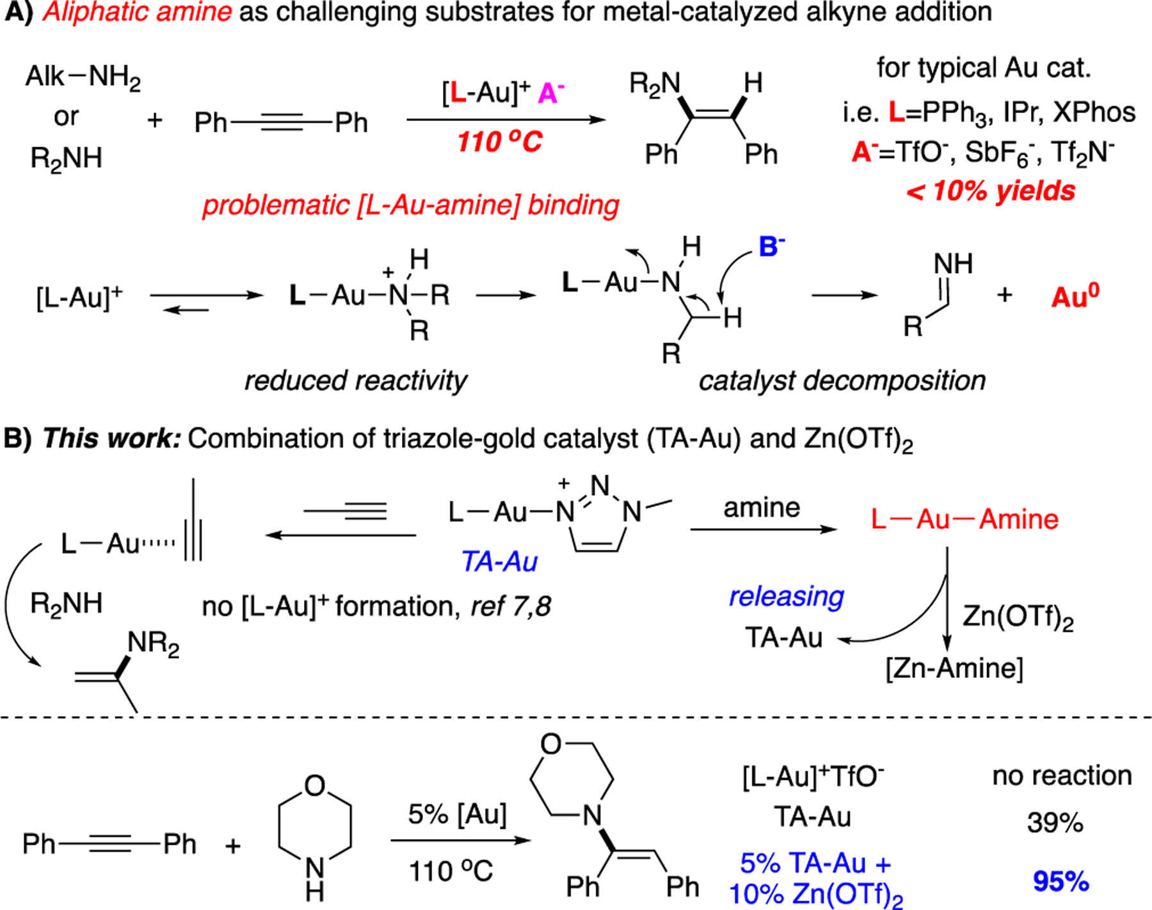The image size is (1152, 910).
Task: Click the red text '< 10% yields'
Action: (991, 191)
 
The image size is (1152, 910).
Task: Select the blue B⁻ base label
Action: (772, 247)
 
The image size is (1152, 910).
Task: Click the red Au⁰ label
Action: (1075, 296)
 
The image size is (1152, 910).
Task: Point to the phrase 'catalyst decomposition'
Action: (842, 380)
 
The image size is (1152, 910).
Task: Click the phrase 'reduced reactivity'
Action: (355, 380)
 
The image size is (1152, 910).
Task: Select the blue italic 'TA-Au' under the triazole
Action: (499, 561)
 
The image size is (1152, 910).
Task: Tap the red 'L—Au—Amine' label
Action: (964, 519)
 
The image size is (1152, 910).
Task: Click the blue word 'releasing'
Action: (787, 596)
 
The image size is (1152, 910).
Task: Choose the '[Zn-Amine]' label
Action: (954, 668)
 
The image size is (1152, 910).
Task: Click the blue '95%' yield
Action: (1060, 882)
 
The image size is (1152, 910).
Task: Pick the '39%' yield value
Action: (1055, 822)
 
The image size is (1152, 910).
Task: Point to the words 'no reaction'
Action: (1062, 776)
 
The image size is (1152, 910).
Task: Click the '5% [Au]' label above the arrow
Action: (457, 814)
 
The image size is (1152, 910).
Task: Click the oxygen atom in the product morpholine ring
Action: (550, 744)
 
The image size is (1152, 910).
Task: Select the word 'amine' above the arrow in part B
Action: (762, 508)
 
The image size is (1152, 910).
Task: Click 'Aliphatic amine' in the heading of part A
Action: (137, 12)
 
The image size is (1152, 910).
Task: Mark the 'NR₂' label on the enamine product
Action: (154, 643)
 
